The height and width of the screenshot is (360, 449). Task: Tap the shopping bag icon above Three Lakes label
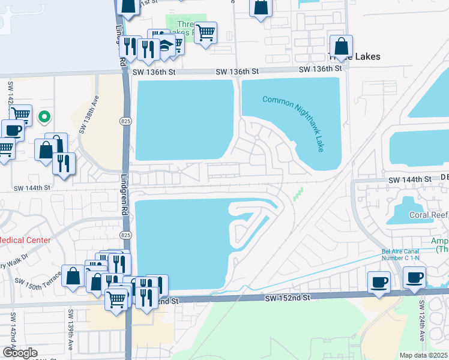(x=341, y=46)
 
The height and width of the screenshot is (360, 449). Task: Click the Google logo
(x=19, y=353)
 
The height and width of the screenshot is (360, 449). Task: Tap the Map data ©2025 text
(x=423, y=355)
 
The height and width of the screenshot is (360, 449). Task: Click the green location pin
(x=44, y=116)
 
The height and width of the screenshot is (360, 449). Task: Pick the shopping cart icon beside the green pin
(x=21, y=113)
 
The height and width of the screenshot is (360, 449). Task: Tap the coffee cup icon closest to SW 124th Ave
(x=414, y=278)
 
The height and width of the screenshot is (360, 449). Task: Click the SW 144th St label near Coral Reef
(x=410, y=179)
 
